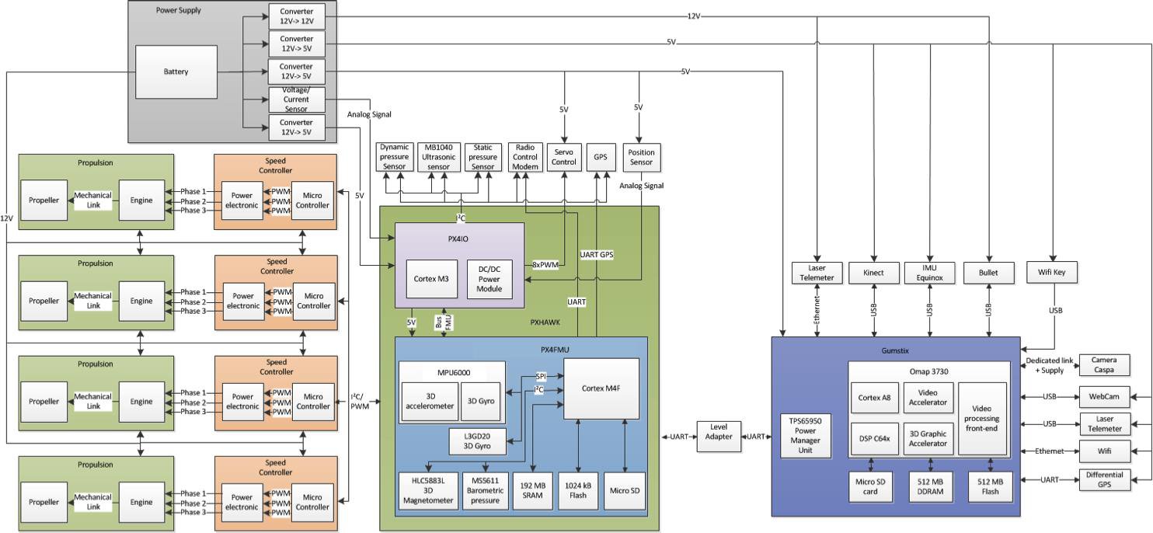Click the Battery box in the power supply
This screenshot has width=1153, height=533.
[x=176, y=71]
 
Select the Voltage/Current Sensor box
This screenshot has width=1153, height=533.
[x=296, y=99]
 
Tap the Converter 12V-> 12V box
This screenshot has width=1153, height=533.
[x=296, y=16]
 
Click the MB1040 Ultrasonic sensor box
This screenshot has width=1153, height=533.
[x=437, y=157]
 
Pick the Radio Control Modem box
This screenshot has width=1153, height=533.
[x=526, y=157]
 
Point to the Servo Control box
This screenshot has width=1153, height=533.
[x=563, y=157]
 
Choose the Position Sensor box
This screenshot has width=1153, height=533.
[x=641, y=157]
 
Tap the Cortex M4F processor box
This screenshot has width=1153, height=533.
[x=601, y=388]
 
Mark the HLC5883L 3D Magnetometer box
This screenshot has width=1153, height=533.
[x=418, y=491]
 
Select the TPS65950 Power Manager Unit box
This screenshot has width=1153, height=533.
[x=805, y=434]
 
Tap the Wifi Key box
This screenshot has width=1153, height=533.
[x=1052, y=273]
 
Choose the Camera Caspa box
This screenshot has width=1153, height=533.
[x=1104, y=364]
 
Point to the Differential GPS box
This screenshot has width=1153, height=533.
[x=1104, y=480]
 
